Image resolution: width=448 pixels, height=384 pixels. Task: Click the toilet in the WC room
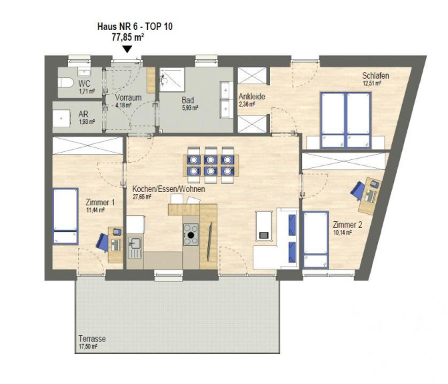(x=66, y=83)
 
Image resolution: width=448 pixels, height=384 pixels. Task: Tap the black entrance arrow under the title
(x=127, y=49)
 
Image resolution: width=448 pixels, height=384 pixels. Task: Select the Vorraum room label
(x=128, y=97)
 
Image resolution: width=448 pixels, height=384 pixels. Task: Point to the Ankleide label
(x=252, y=96)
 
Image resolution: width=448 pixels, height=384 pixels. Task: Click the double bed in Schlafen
(x=346, y=120)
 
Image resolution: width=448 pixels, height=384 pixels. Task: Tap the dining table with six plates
(x=211, y=165)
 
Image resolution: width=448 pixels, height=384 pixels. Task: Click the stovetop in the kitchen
(x=191, y=234)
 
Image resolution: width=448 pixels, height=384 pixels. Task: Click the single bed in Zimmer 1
(x=65, y=216)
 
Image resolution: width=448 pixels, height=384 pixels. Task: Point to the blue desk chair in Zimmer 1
(x=102, y=242)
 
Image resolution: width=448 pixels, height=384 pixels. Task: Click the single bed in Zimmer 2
(x=316, y=239)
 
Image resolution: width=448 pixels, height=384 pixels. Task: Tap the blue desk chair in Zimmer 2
(x=357, y=190)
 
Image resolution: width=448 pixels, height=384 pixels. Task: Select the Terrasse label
(x=92, y=339)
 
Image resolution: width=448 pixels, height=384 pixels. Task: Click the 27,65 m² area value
(x=142, y=197)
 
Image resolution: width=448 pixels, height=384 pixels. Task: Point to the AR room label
(x=83, y=114)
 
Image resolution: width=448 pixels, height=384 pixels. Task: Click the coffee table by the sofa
(x=264, y=226)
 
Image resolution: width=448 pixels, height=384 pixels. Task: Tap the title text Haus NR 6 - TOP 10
(x=135, y=27)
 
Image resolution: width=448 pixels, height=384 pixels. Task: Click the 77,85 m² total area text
(x=128, y=37)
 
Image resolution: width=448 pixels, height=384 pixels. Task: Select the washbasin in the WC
(x=84, y=72)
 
